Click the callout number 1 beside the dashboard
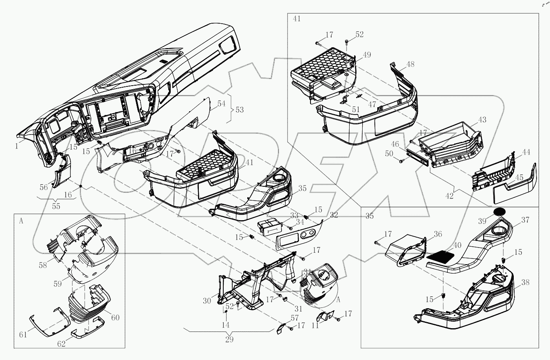coord(17,146)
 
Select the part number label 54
coord(221,104)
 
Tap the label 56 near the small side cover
coord(44,187)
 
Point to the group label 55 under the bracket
coord(56,206)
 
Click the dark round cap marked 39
coord(499,212)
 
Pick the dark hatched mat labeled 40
coord(442,257)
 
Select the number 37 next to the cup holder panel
coord(525,220)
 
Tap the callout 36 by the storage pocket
coord(438,234)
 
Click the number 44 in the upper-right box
coord(526,152)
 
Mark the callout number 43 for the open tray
coord(482,120)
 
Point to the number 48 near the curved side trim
coord(410,64)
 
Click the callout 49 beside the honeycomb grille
coord(367,55)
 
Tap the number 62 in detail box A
coord(61,344)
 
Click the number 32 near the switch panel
coord(334,215)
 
